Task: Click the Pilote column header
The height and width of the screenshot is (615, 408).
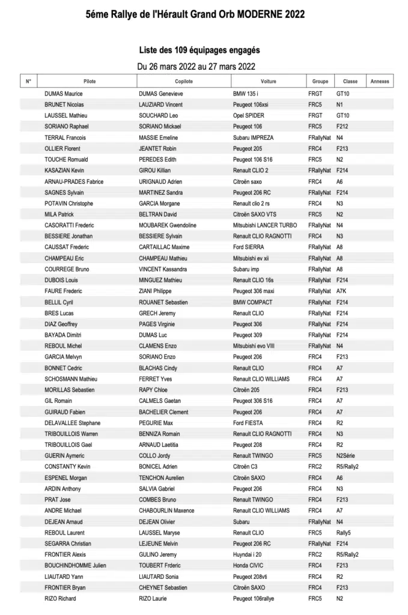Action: coord(90,81)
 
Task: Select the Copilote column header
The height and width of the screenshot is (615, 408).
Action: coord(184,81)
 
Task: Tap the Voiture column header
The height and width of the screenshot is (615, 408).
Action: coord(269,81)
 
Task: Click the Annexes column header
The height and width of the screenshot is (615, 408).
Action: coord(380,81)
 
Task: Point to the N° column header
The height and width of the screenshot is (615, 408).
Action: coord(28,81)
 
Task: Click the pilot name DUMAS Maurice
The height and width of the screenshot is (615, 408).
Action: coord(64,94)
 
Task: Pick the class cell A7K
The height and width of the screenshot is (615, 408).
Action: coord(342,291)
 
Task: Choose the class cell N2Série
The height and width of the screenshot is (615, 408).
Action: coord(346,456)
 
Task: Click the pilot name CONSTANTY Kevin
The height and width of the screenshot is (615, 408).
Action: coord(67,467)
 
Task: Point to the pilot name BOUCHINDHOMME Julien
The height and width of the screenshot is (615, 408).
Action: coord(75,566)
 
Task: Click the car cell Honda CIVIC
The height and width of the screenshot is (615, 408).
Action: coord(249,566)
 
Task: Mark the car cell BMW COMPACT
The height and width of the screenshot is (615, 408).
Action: coord(253,302)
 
